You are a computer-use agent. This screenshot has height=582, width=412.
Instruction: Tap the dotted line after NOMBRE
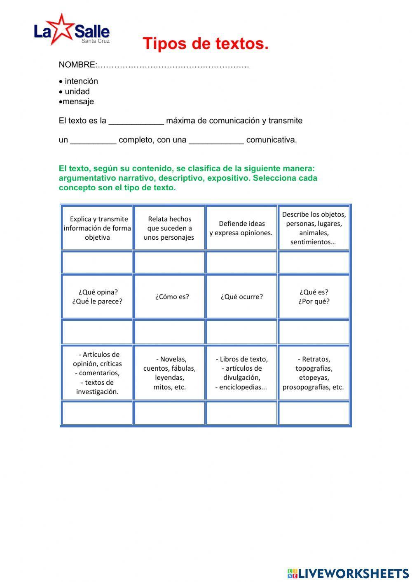coord(173,65)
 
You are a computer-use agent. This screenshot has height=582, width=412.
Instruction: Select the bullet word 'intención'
coord(81,81)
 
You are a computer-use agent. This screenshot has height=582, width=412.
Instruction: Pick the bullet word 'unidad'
coord(77,91)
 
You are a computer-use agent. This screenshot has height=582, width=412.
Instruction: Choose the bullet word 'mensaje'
coord(78,101)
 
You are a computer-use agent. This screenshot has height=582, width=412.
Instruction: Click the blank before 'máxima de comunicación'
coord(136,121)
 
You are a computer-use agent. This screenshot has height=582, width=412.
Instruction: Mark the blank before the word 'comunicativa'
coord(216,140)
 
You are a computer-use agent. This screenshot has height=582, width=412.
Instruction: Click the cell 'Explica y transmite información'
coord(97,228)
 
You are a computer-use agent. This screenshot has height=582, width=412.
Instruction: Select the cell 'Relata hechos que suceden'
coord(169,228)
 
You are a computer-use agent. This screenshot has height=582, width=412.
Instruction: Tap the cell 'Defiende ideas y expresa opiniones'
coord(241,228)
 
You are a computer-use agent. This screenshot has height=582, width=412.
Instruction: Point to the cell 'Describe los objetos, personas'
coord(314,228)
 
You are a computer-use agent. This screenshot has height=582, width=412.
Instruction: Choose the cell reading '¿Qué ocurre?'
coord(241,297)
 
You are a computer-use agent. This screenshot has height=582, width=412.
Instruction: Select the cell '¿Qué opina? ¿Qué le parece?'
coord(97,297)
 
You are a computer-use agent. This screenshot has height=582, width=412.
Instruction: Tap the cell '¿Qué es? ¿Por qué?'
coord(314,297)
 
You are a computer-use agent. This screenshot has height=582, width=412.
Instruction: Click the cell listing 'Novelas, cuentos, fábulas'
coord(169,373)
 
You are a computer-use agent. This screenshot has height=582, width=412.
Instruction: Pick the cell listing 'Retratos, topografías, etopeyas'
coord(314,373)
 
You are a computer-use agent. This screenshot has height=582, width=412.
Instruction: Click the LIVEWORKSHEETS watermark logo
coord(348,573)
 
